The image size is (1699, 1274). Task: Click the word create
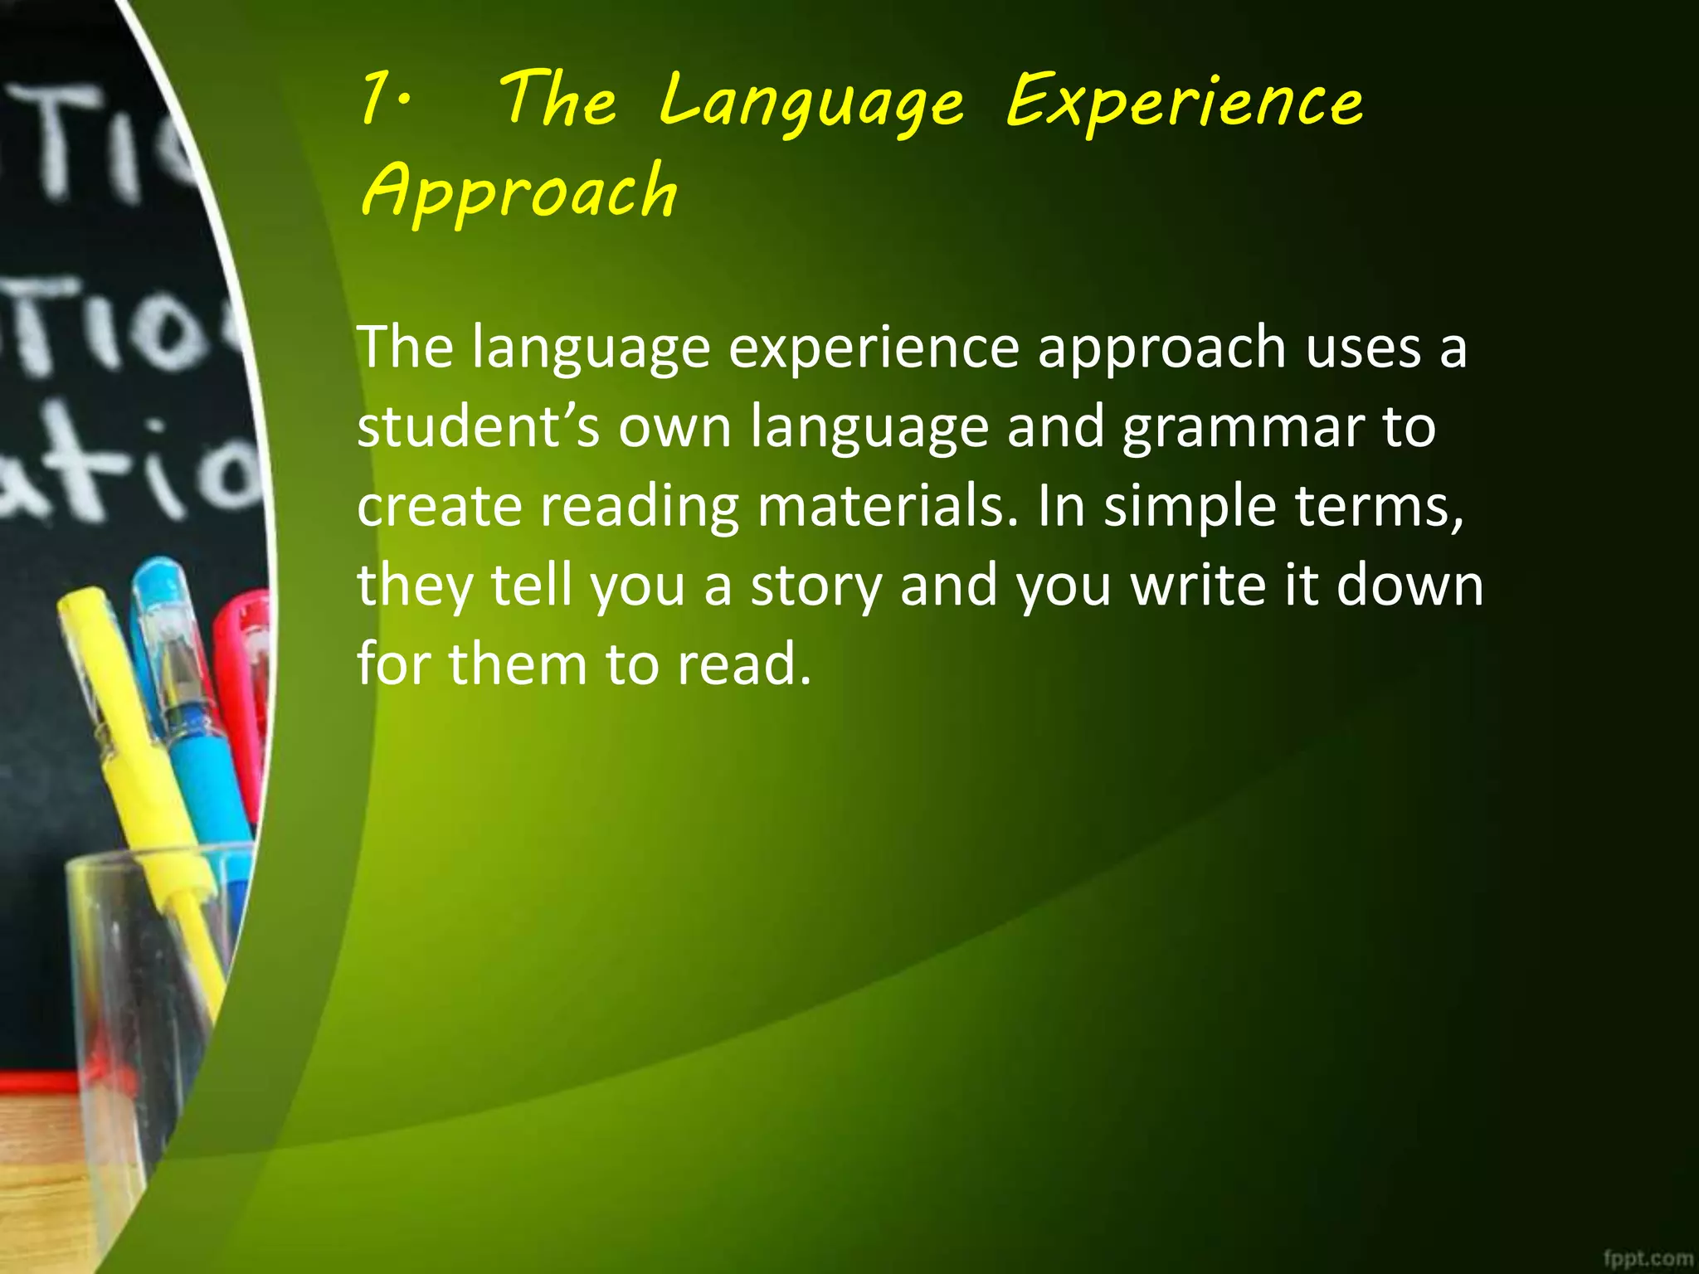point(439,506)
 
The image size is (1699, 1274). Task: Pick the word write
point(1198,585)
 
